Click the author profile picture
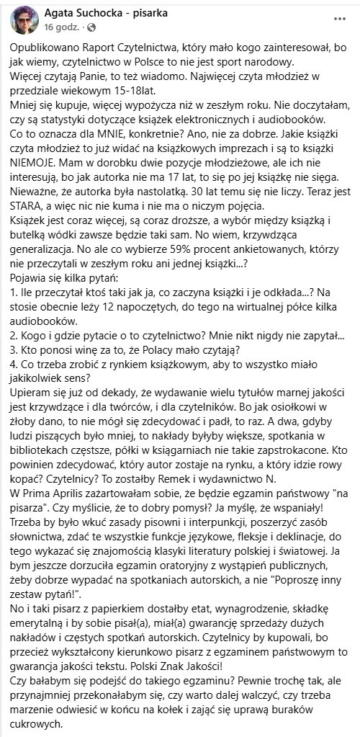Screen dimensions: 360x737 tap(21, 21)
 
